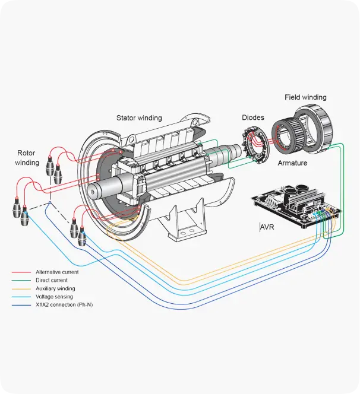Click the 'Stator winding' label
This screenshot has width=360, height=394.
coord(139,117)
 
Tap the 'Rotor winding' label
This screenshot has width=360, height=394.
coord(27,157)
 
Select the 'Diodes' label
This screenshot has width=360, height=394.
coord(252,117)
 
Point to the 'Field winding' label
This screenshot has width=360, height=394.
coord(305,97)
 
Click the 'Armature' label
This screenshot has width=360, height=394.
coord(292,163)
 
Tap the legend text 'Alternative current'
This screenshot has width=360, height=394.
coord(57,272)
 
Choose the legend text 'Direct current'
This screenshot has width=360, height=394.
coord(52,280)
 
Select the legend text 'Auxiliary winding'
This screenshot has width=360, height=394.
coord(55,288)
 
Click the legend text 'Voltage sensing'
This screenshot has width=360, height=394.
coord(54,297)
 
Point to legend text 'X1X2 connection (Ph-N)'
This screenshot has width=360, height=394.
coord(64,305)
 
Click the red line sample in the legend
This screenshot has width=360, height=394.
coord(21,272)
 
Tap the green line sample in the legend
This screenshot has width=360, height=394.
coord(21,281)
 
